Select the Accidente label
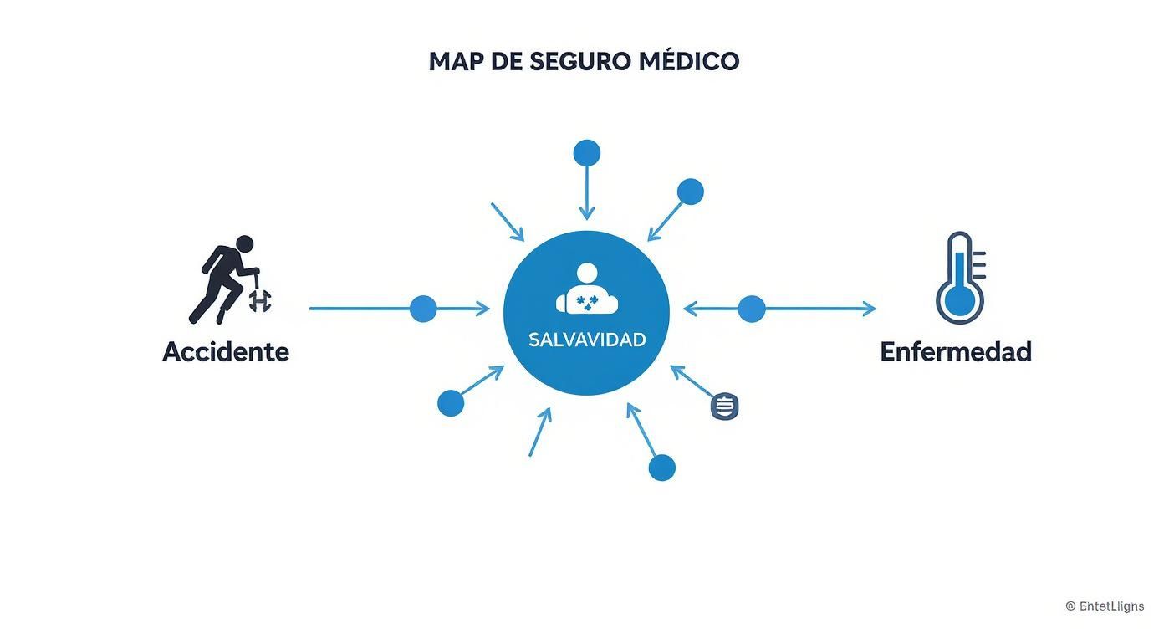coord(226,351)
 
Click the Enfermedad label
coord(956,351)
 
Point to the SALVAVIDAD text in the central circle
coord(587,340)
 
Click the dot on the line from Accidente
coord(423,309)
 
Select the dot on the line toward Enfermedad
coord(752,309)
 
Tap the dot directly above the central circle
coord(587,153)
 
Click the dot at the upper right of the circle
coord(691,192)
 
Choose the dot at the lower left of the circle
coord(451,403)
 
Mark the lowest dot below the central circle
coord(661,468)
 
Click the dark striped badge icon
coord(724,407)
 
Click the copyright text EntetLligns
coord(1105,606)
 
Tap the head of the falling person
coord(244,243)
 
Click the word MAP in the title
coord(455,61)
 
